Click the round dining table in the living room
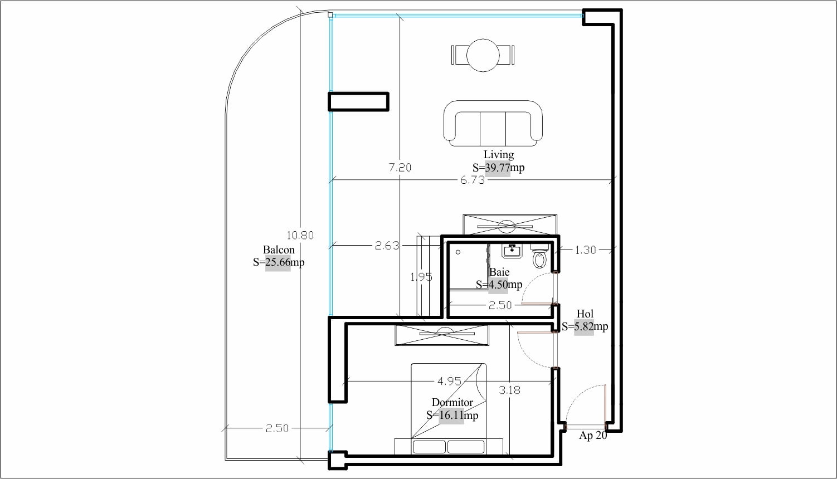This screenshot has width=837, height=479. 483,55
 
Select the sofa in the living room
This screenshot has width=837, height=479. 493,123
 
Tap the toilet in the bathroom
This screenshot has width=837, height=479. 539,256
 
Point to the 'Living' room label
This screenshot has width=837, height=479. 498,155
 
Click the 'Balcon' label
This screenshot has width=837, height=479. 279,250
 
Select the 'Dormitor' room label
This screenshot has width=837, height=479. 452,403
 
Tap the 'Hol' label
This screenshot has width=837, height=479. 585,314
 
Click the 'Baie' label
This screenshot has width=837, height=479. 499,272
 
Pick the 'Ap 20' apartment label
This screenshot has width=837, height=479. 593,436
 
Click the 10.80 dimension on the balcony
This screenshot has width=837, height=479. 300,235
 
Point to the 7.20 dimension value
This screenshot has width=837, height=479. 400,167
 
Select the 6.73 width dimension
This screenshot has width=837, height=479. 473,180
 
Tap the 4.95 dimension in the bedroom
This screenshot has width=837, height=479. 450,381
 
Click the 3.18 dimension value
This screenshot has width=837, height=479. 510,390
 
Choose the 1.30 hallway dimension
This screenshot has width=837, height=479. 585,250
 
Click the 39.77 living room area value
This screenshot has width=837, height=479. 497,168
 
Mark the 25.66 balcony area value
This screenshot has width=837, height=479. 278,262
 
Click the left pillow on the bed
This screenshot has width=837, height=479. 429,447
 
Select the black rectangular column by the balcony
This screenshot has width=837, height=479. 359,101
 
